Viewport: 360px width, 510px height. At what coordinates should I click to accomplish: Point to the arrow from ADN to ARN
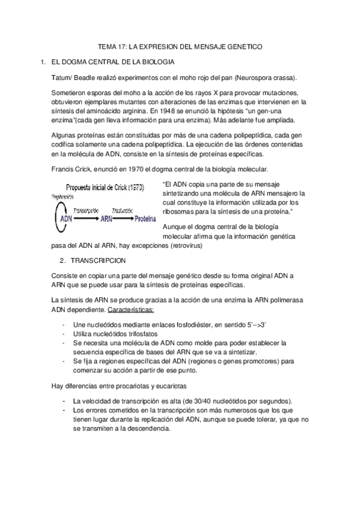tap(87, 218)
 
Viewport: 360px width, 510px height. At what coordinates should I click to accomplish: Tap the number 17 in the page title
tap(121, 46)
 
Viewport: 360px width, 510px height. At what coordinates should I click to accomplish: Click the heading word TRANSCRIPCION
tap(99, 261)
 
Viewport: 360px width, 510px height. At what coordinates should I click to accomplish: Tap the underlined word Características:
tap(130, 309)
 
